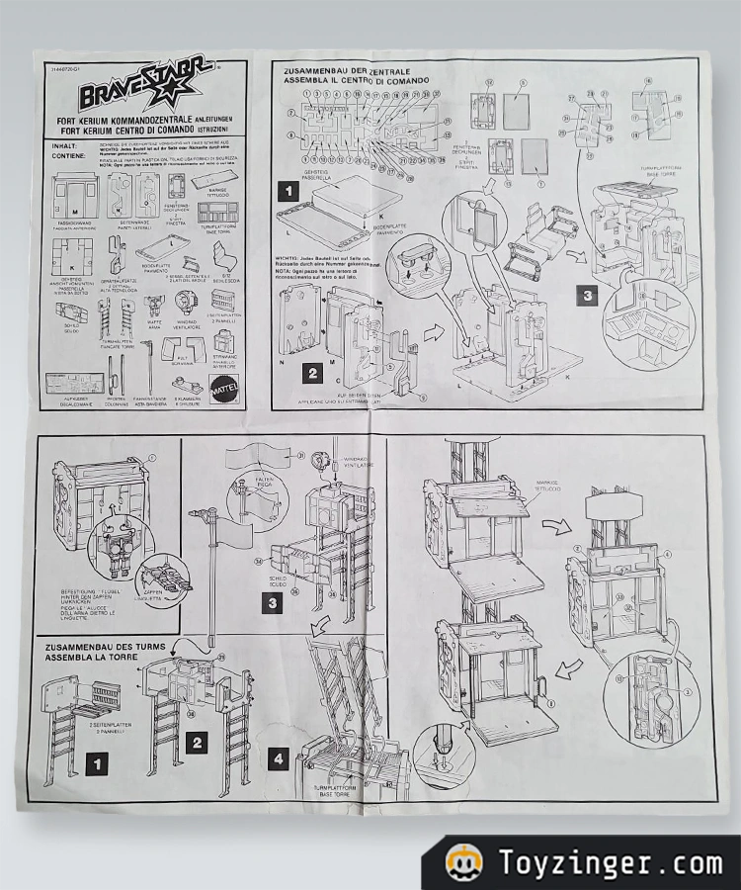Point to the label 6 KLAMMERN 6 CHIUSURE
coord(187,402)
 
